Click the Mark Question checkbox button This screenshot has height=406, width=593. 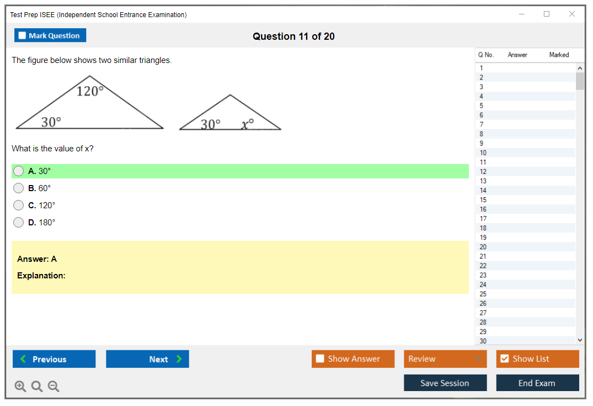pos(50,35)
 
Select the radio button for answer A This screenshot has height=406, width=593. pos(19,171)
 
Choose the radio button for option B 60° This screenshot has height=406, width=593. pos(19,188)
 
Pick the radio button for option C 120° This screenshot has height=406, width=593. pos(19,205)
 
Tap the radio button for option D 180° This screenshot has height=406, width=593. pos(19,223)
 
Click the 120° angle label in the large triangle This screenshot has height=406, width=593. pos(90,91)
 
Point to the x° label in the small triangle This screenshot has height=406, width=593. pos(247,124)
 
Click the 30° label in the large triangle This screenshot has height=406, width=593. pos(51,122)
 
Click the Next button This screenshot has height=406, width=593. pos(147,359)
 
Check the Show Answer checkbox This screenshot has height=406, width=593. pos(320,359)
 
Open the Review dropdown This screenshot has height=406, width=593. pos(445,359)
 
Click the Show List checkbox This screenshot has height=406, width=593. pos(505,359)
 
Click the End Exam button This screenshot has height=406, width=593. pos(537,383)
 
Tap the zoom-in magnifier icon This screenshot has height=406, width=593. pos(20,386)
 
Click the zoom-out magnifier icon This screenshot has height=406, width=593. pos(54,386)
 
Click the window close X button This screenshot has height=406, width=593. pos(572,14)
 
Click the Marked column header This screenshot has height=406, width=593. pos(559,55)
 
